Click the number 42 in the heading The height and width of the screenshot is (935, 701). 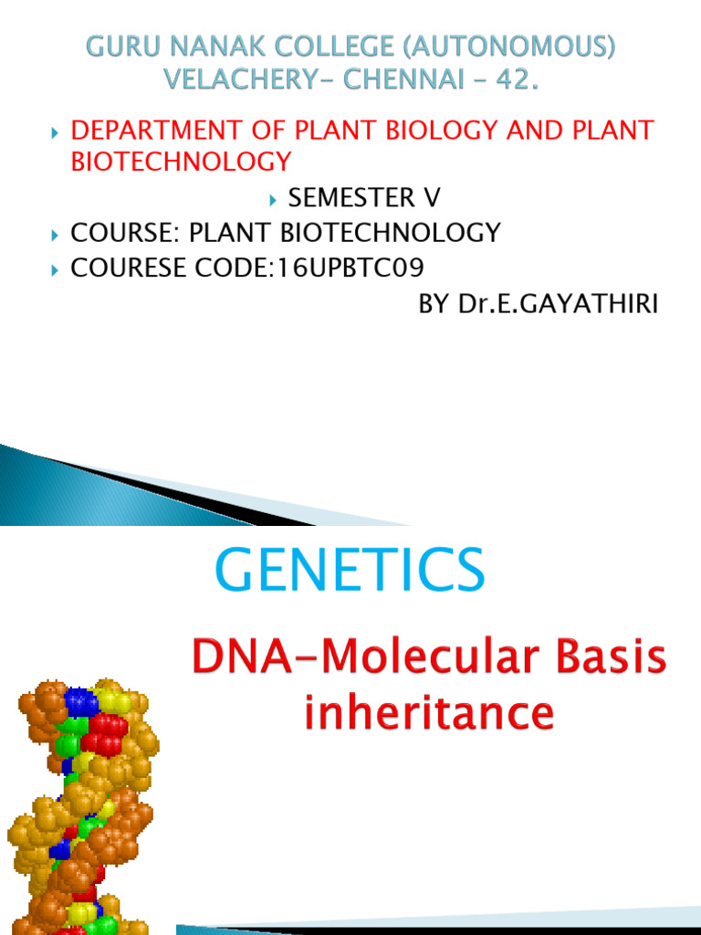(509, 80)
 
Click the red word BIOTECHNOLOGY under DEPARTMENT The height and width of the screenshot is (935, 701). (182, 162)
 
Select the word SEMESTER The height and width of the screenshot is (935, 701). (351, 197)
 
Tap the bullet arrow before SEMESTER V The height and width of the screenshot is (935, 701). (273, 198)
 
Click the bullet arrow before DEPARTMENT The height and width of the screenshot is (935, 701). (55, 131)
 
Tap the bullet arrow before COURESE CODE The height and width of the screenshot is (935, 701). (55, 269)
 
